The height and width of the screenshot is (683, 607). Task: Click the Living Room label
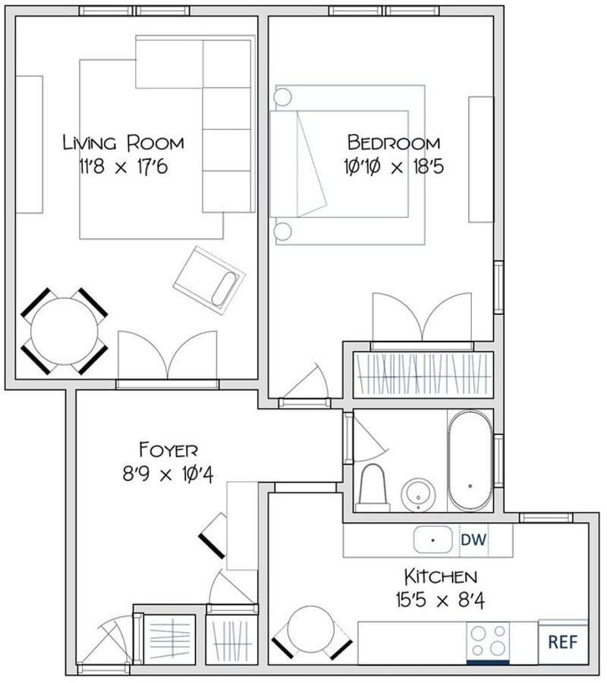pos(124,143)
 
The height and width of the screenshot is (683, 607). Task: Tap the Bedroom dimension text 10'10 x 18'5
pos(394,167)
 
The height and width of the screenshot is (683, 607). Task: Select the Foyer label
pos(168,449)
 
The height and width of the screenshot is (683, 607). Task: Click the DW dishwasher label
pos(473,540)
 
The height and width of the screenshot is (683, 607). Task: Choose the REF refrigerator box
pos(563,642)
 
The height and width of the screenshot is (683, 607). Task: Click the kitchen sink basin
pos(432,540)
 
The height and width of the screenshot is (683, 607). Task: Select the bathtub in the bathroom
pos(470,461)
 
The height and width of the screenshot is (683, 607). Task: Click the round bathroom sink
pos(419,494)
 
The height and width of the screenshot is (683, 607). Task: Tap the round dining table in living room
pos(64,331)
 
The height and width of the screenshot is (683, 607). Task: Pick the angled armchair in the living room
pos(209,281)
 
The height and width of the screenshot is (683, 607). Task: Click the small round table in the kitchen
pos(312,629)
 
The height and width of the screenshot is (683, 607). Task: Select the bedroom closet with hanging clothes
pos(423,375)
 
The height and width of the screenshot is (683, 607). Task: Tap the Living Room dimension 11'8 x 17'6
pos(124,167)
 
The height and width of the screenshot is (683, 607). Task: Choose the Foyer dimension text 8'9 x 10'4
pos(168,474)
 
